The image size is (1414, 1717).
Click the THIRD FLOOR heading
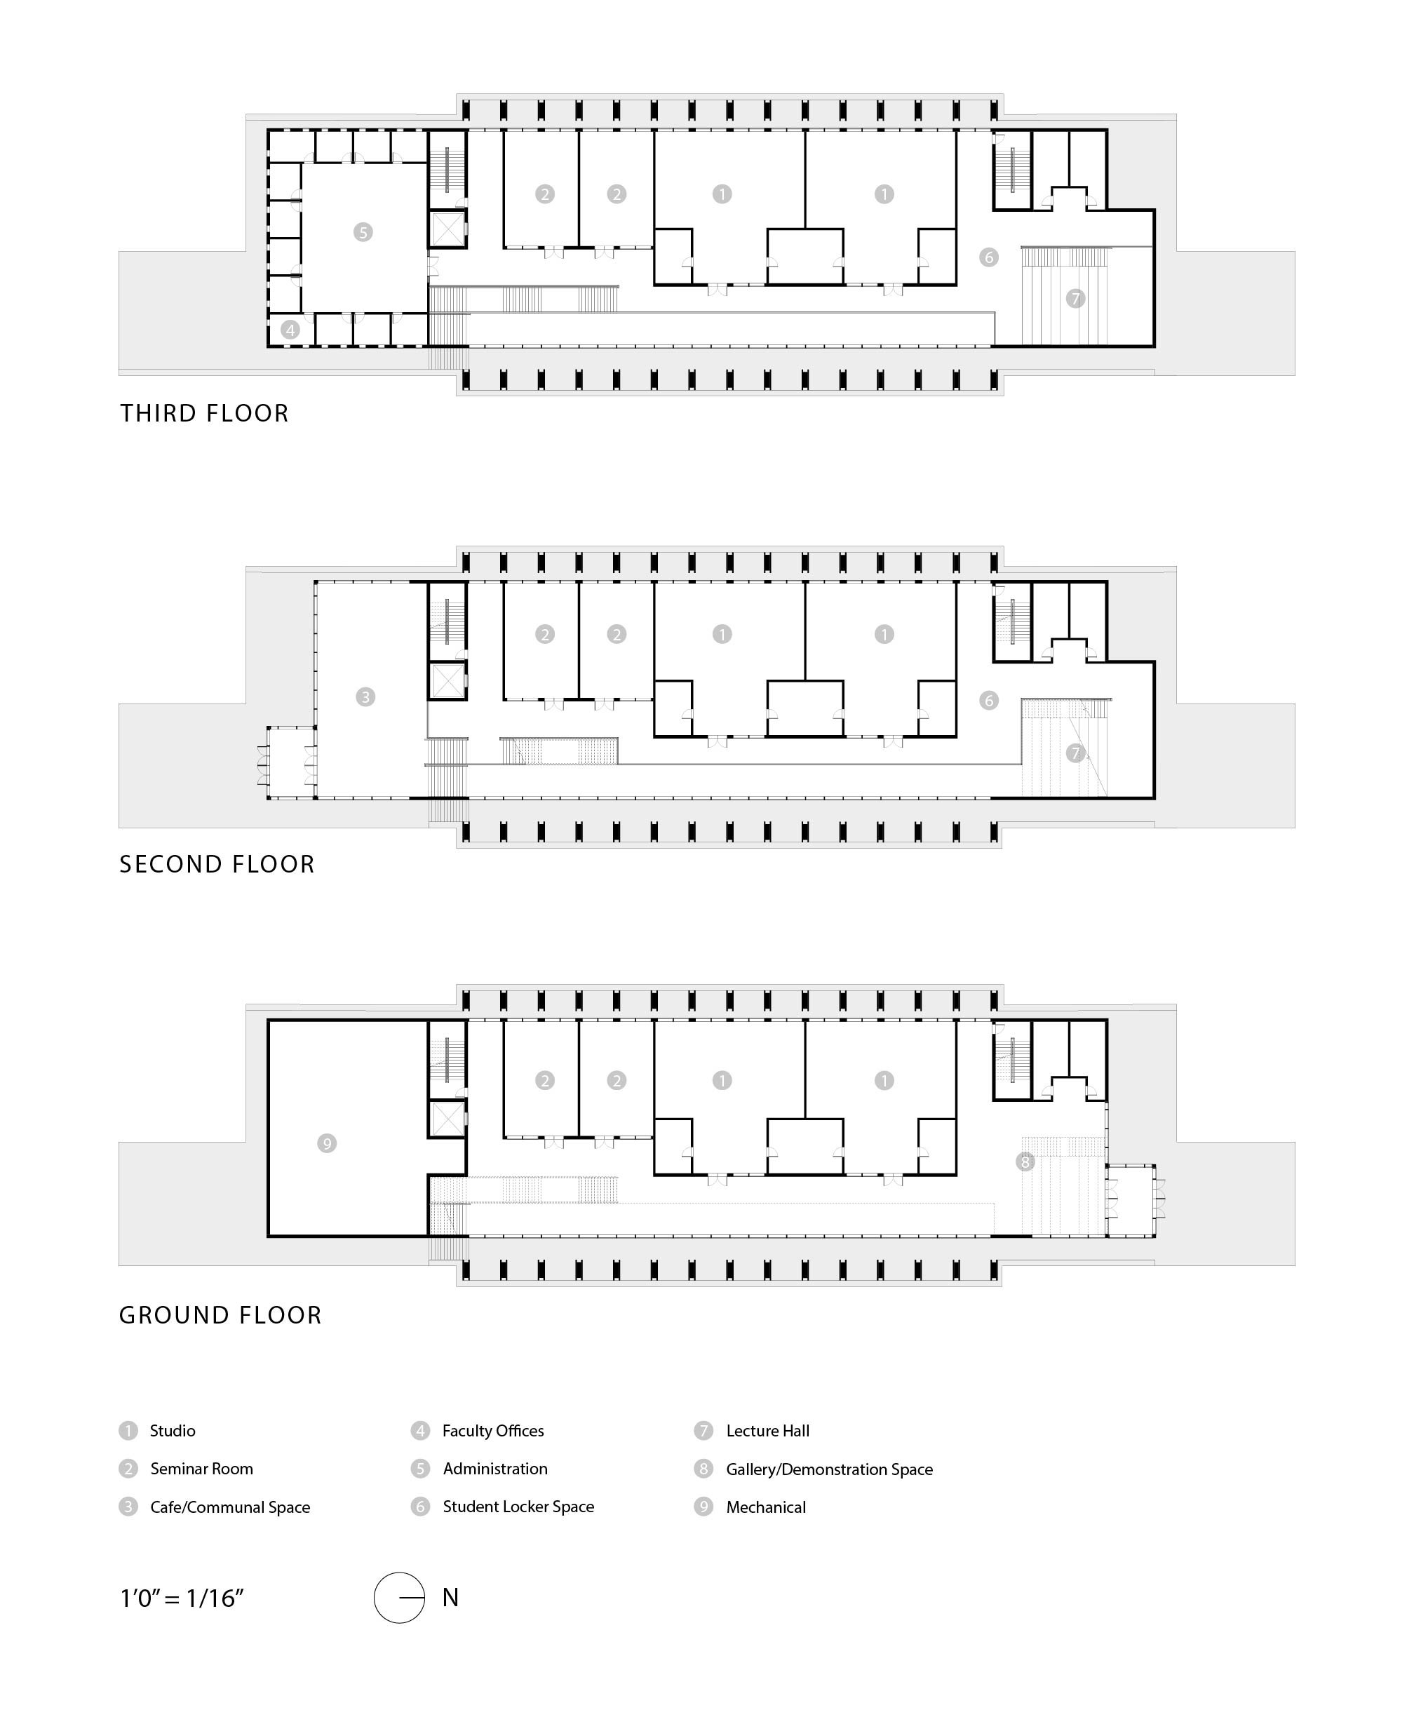204,413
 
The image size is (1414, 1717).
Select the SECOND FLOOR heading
217,864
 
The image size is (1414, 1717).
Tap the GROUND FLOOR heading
221,1315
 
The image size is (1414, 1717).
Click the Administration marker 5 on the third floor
363,232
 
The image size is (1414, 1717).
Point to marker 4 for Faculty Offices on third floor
290,330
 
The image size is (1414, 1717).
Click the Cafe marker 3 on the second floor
365,696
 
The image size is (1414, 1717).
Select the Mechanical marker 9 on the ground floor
327,1143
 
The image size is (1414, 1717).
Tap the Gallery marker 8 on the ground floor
1025,1161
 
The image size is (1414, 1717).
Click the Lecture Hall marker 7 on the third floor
1076,299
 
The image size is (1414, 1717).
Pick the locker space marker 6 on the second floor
989,701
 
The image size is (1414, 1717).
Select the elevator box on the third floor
447,229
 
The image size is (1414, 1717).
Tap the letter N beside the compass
450,1598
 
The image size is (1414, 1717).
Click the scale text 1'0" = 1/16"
182,1599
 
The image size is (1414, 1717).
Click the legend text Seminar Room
201,1469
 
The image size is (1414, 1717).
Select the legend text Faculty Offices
493,1431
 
